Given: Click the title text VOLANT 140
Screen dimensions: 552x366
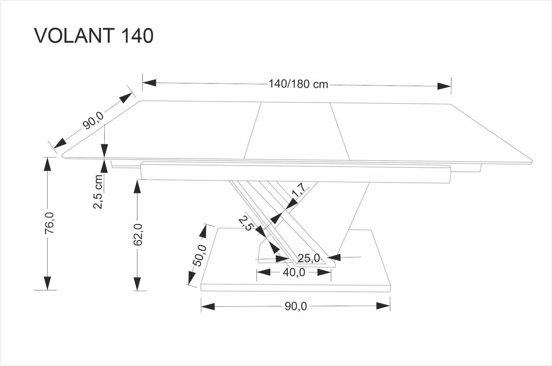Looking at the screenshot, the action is tap(93, 36).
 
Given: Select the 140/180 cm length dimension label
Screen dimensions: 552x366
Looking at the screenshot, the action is tap(298, 84).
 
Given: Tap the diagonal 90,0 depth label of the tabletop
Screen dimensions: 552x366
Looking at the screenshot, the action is tap(93, 120).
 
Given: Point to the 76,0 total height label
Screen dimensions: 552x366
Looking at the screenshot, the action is tap(49, 223).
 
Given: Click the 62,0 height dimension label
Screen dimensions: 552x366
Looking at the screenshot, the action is tap(138, 235).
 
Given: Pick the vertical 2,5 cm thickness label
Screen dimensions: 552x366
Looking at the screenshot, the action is tap(98, 192).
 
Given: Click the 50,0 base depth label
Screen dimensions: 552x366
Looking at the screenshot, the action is tap(200, 256).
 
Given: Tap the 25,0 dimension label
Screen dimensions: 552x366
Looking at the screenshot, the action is tap(309, 258).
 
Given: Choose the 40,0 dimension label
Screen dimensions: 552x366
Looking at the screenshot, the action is tap(294, 273).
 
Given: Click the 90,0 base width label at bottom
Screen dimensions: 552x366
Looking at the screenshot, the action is tap(296, 306).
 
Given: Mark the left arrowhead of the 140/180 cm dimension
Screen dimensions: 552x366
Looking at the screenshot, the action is tap(149, 83).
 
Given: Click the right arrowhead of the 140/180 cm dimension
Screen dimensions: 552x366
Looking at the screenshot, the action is tap(444, 86).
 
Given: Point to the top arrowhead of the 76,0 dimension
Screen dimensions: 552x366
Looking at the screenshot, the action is tap(47, 164).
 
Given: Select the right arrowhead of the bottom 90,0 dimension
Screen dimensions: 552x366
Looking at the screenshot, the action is tap(383, 306).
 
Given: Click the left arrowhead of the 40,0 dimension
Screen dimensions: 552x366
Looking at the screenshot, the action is tap(263, 273).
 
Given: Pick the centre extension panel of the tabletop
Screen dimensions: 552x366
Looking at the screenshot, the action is tap(297, 131).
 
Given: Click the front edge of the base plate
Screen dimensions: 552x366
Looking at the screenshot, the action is tap(296, 288).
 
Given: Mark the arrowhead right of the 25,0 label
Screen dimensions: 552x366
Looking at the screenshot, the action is tap(334, 257).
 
